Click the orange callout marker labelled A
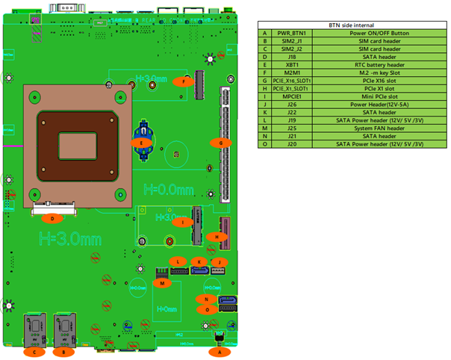pos(219,350)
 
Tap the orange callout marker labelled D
pos(52,219)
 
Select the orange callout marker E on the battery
pos(139,141)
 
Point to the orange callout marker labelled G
pos(220,141)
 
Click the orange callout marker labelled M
pos(164,282)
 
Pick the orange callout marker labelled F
pos(183,80)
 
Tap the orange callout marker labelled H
pos(215,237)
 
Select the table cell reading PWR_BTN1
pos(291,34)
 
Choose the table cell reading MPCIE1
pos(291,96)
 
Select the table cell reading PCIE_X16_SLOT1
pos(291,81)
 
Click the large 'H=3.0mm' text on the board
pos(70,239)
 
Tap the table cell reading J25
pos(291,128)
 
